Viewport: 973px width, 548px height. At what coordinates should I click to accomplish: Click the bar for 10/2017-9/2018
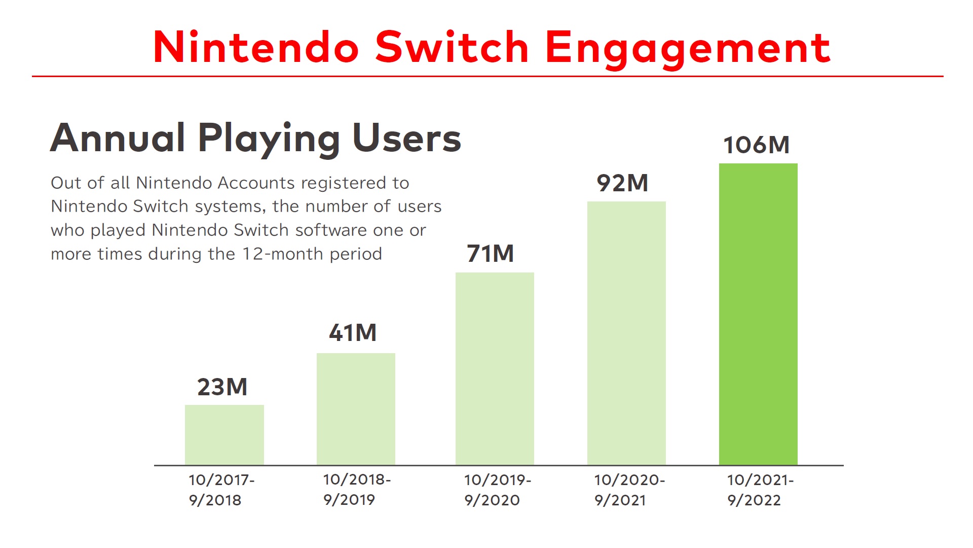pos(224,435)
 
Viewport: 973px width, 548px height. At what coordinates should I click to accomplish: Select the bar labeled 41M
pos(356,409)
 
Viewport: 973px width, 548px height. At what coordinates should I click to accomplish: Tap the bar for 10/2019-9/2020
pos(495,369)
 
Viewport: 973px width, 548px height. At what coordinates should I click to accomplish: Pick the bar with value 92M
pos(626,333)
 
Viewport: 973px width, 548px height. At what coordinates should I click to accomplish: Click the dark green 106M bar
pos(758,314)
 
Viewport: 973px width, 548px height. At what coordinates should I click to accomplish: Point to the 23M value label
pos(222,387)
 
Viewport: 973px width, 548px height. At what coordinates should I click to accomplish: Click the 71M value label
pos(491,254)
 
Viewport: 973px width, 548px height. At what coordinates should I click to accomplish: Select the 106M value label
pos(757,145)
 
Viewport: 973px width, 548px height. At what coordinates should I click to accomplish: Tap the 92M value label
pos(623,183)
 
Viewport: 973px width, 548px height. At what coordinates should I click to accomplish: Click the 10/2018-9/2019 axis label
pos(357,490)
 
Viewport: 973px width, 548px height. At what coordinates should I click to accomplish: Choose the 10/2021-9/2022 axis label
pos(760,490)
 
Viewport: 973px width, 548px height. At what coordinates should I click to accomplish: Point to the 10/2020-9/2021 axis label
pos(629,490)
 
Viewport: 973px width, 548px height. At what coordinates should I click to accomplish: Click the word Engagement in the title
pos(688,49)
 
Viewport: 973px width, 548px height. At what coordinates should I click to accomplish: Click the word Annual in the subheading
pos(118,138)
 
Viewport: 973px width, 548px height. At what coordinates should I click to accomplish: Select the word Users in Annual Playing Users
pos(407,138)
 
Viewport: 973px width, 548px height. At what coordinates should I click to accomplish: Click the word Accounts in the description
pos(256,183)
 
